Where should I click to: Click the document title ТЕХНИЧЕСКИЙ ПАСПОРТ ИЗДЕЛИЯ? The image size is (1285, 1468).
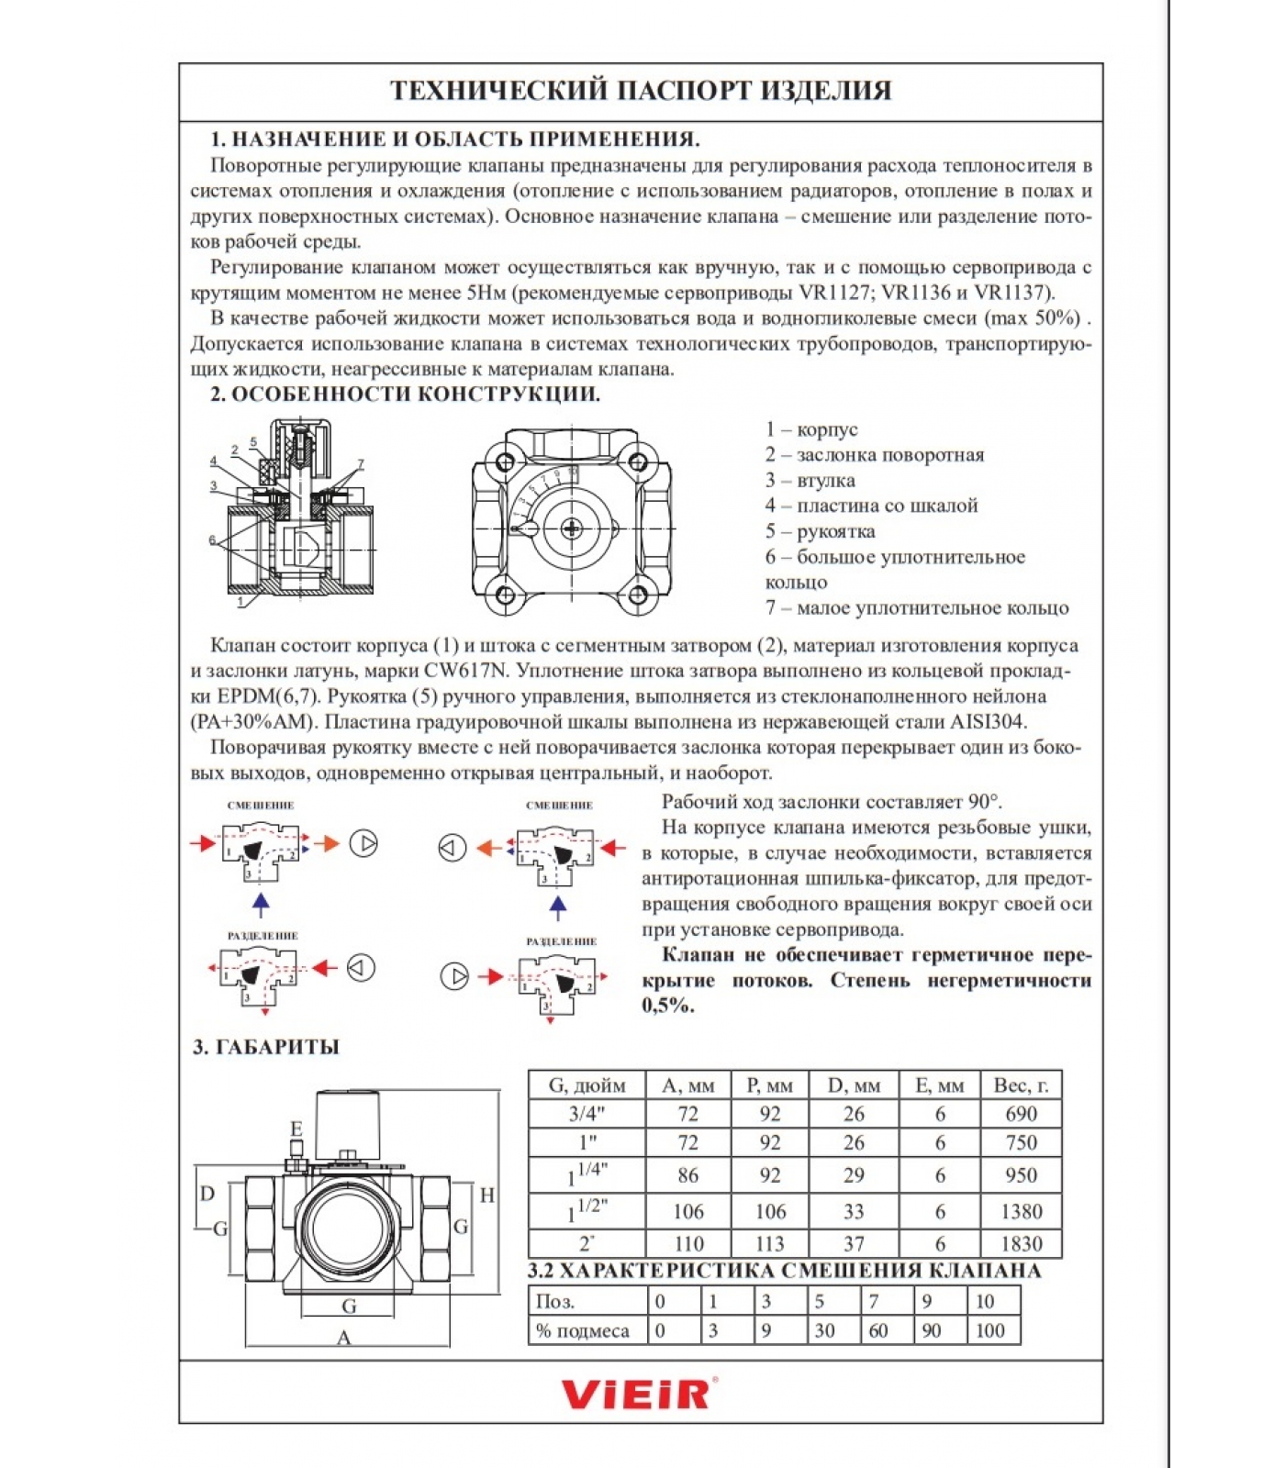click(x=641, y=91)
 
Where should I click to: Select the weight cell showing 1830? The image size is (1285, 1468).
click(x=1021, y=1243)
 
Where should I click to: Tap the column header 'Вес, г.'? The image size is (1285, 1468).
click(x=1021, y=1085)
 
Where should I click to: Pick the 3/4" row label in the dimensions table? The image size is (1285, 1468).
click(x=587, y=1114)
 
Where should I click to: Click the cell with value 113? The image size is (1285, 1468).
click(x=769, y=1243)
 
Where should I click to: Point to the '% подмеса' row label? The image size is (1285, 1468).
click(x=583, y=1330)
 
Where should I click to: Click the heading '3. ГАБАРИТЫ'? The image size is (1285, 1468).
click(x=266, y=1047)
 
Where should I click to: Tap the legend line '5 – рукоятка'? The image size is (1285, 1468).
click(x=820, y=531)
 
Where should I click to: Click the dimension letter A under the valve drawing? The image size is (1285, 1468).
click(x=344, y=1338)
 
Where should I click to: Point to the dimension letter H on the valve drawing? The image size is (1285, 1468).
click(x=487, y=1196)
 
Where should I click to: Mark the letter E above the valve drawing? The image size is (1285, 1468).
click(x=296, y=1129)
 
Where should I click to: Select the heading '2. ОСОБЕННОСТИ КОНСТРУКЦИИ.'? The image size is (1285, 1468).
click(x=405, y=395)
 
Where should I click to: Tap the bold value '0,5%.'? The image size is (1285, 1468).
click(x=667, y=1006)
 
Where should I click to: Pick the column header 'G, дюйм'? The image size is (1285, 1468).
click(x=587, y=1085)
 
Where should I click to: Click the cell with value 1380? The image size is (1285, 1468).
click(x=1021, y=1211)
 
